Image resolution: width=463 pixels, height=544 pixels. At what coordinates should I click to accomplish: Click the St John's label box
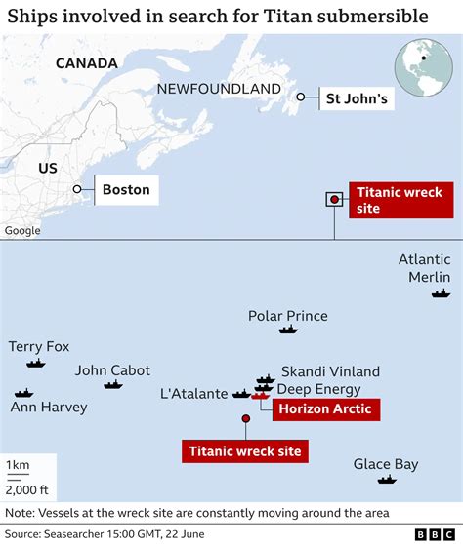pos(356,97)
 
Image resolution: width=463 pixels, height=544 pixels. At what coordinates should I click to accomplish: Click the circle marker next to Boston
pos(76,190)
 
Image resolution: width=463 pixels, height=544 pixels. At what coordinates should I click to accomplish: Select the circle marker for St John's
pos(303,97)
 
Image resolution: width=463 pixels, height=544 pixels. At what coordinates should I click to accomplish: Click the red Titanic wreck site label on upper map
pos(399,200)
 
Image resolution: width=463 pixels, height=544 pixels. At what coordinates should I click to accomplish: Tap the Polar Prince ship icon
pos(287,330)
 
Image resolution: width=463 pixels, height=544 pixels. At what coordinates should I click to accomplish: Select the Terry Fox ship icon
pos(36,364)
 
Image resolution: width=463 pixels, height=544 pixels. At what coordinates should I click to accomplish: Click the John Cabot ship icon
pos(114,385)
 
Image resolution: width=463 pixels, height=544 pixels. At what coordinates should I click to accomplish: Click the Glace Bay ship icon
pos(387,480)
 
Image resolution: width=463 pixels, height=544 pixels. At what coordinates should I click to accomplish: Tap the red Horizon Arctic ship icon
pos(259,396)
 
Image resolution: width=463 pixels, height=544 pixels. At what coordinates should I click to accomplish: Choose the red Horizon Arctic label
pos(324,409)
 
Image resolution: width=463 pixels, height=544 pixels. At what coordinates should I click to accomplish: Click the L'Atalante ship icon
pos(240,394)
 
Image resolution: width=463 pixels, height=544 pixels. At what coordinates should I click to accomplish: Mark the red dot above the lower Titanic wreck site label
pos(245,419)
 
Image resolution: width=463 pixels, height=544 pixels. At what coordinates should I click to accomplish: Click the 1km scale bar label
pos(16,465)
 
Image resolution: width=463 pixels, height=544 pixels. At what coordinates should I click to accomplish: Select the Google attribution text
pos(22,231)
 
